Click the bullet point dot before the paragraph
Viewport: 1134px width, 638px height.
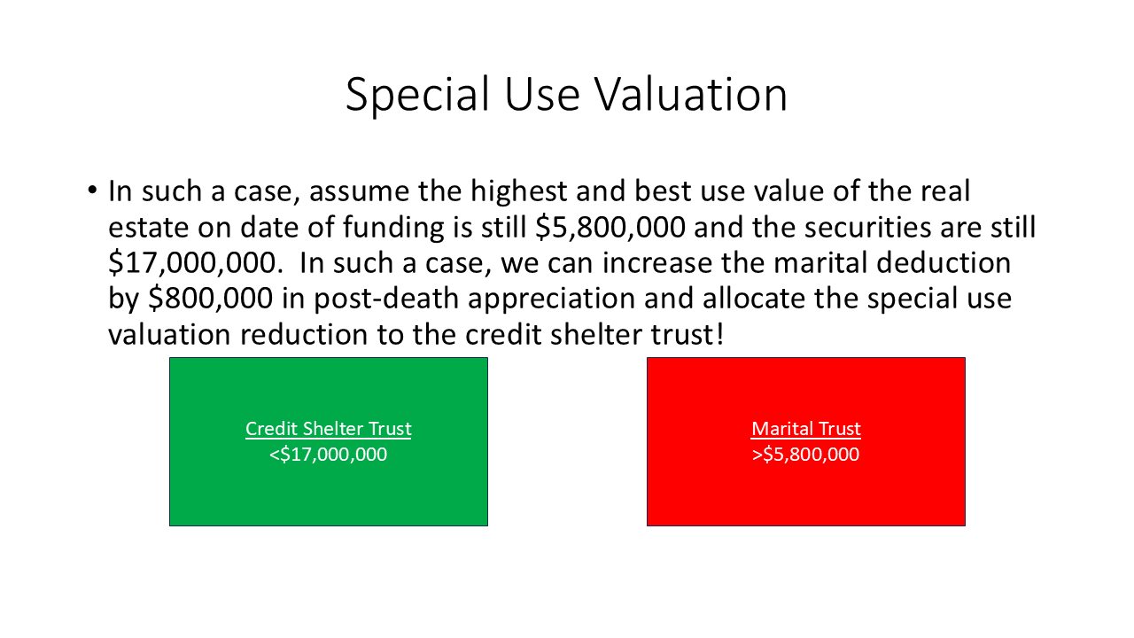coord(92,191)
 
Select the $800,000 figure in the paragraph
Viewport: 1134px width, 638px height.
coord(211,299)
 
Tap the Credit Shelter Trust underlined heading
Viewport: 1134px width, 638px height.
coord(329,429)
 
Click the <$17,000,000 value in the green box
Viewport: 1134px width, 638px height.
coord(329,455)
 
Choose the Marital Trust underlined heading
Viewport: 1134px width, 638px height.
coord(806,429)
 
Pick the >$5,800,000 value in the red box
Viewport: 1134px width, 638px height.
coord(806,455)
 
